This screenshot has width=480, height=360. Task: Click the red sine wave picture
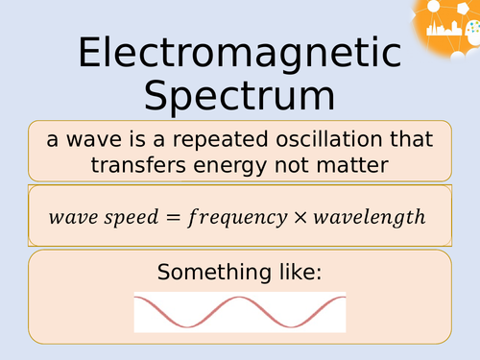coord(239,311)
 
